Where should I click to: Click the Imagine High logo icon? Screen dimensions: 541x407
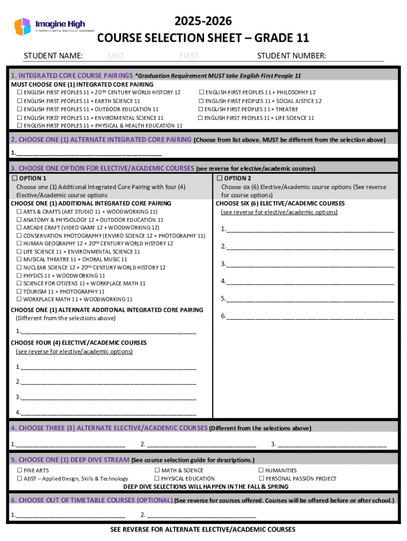(x=23, y=26)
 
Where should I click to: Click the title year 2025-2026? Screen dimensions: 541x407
(x=203, y=22)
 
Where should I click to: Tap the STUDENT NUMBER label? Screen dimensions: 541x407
(x=291, y=56)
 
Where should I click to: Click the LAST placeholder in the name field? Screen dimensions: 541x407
(x=116, y=56)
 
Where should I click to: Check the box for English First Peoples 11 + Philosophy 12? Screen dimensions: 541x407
(x=201, y=92)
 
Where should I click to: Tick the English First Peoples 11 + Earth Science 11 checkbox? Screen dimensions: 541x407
(x=20, y=101)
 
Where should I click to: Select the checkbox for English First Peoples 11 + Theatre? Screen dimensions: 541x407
(x=201, y=109)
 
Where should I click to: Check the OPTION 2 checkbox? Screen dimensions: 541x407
(x=219, y=179)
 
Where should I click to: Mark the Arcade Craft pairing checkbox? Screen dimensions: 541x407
(x=20, y=228)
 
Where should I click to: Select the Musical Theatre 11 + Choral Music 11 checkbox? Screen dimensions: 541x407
(x=20, y=259)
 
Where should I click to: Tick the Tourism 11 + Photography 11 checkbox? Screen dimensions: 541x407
(x=20, y=292)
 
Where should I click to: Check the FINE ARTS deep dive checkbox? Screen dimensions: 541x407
(x=20, y=470)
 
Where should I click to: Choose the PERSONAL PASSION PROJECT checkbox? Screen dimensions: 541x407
(x=261, y=479)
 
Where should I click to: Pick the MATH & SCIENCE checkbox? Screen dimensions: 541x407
(x=158, y=470)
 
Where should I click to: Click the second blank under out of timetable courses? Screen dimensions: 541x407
(x=201, y=515)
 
